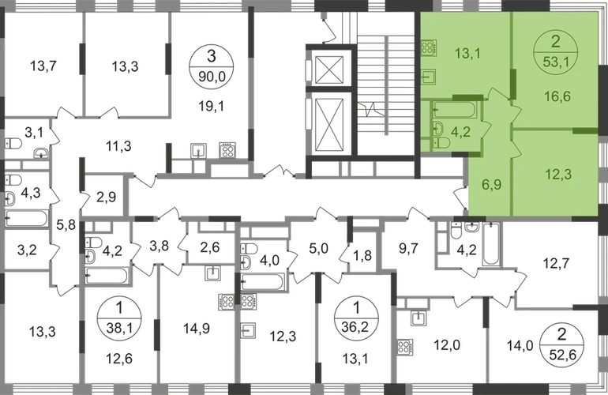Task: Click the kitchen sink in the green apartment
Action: coord(429,77)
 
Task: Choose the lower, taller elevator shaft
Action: coord(328,126)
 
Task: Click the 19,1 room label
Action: coord(208,102)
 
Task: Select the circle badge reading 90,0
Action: coord(208,64)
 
